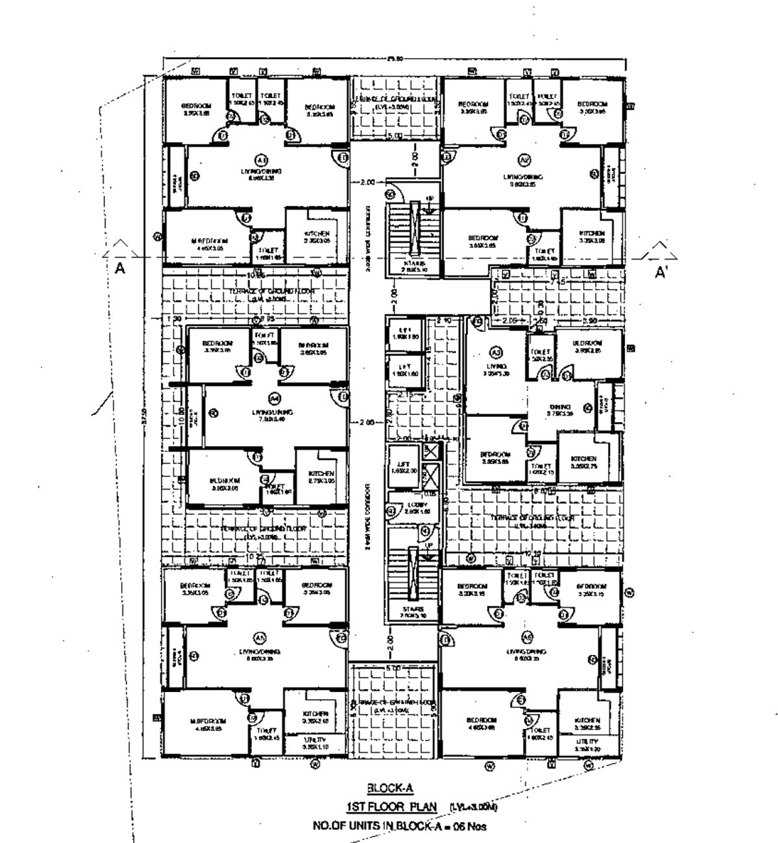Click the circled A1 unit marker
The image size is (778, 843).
pyautogui.click(x=261, y=159)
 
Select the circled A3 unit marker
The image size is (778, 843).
pyautogui.click(x=496, y=352)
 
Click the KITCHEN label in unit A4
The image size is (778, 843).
pyautogui.click(x=321, y=473)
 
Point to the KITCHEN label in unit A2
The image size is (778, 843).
pyautogui.click(x=592, y=233)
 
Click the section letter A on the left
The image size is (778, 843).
pyautogui.click(x=119, y=269)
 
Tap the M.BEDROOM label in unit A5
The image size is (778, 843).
pyautogui.click(x=208, y=721)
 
